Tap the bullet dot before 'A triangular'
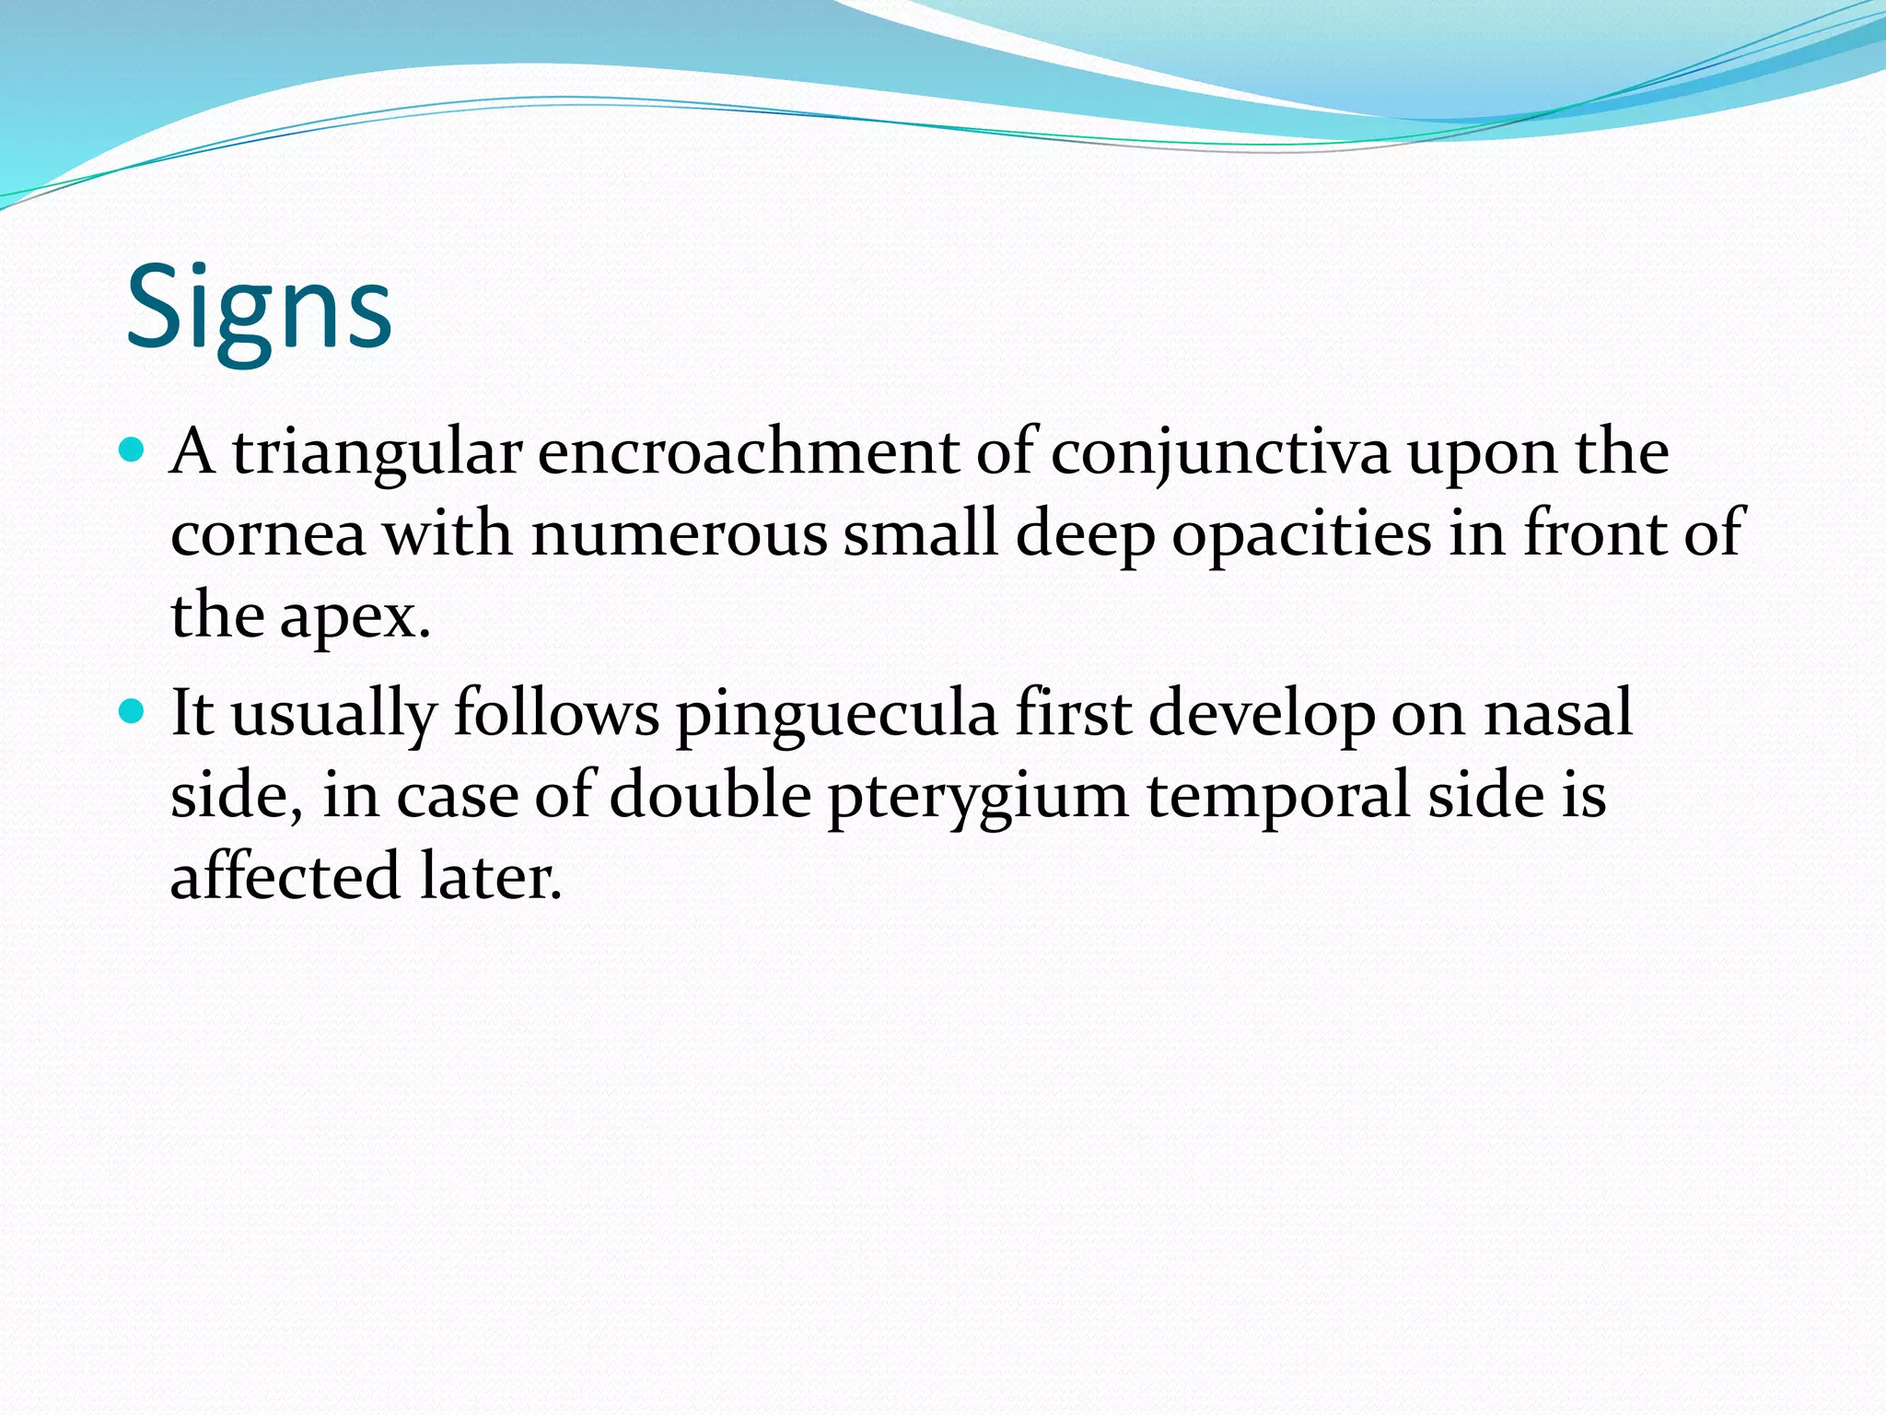pyautogui.click(x=134, y=451)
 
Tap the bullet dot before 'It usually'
pyautogui.click(x=134, y=711)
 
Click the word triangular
pyautogui.click(x=377, y=453)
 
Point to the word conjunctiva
pyautogui.click(x=1220, y=453)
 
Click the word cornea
pyautogui.click(x=268, y=535)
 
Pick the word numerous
pyautogui.click(x=679, y=535)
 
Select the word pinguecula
pyautogui.click(x=837, y=714)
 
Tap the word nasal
pyautogui.click(x=1558, y=714)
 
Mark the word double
pyautogui.click(x=710, y=794)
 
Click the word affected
pyautogui.click(x=285, y=876)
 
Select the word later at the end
pyautogui.click(x=490, y=876)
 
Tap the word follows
pyautogui.click(x=556, y=714)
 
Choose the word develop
pyautogui.click(x=1262, y=714)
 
